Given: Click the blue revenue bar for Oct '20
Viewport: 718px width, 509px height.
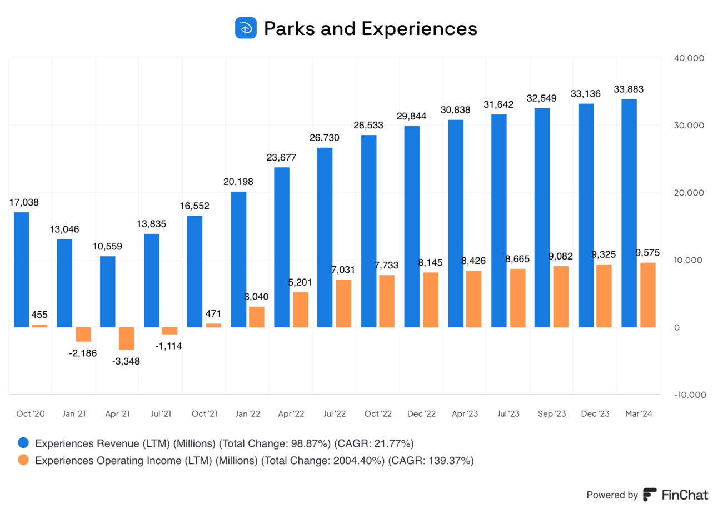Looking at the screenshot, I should point(21,270).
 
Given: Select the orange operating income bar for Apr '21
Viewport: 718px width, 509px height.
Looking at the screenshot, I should point(127,338).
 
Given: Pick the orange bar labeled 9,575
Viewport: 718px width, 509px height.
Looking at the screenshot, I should point(648,295).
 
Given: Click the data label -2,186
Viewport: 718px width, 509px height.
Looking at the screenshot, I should point(83,353).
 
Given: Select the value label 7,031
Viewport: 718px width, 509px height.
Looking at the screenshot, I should point(344,269).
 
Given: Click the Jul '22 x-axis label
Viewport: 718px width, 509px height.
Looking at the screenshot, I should point(335,414).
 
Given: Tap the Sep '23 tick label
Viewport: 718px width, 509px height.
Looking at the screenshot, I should point(552,414).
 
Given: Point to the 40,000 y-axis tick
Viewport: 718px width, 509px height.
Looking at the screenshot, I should point(689,58).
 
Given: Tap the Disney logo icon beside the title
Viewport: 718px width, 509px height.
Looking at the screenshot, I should point(246,28).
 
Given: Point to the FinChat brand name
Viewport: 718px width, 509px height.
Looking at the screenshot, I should point(684,495).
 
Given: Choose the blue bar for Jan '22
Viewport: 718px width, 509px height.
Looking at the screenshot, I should point(238,259).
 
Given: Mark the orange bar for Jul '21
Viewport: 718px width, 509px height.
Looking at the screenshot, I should point(170,331).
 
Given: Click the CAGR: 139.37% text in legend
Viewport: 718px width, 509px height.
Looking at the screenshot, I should point(431,460).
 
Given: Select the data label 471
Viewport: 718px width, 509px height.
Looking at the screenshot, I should point(213,313).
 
